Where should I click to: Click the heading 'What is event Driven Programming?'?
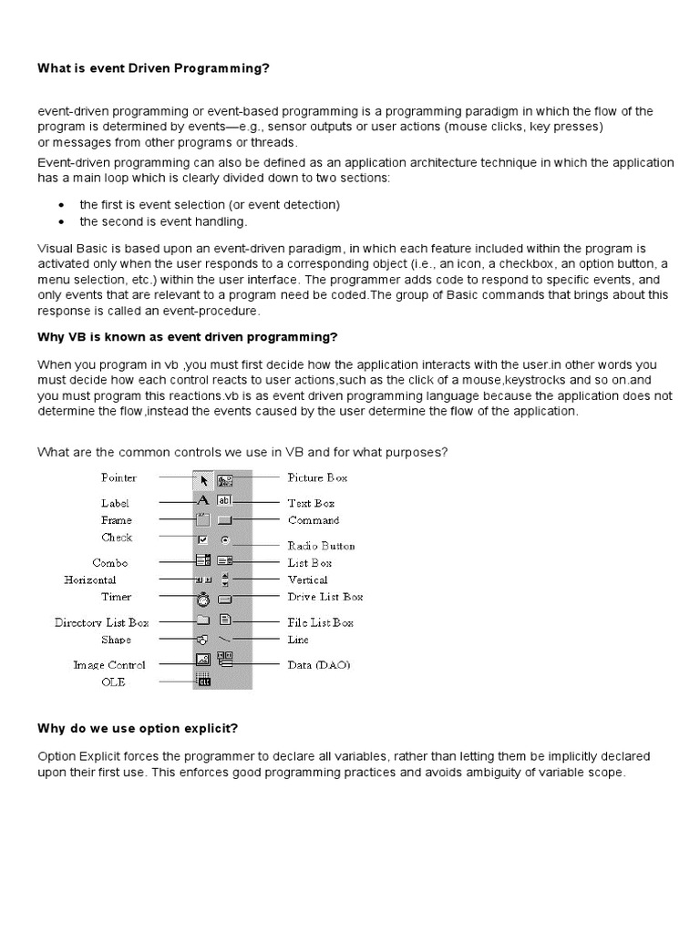pyautogui.click(x=153, y=68)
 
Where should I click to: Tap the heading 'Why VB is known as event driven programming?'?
pyautogui.click(x=187, y=337)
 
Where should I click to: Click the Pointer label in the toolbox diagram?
pyautogui.click(x=118, y=477)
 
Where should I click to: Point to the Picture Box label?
pyautogui.click(x=317, y=477)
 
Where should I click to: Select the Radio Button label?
pyautogui.click(x=321, y=546)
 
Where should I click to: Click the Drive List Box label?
pyautogui.click(x=325, y=597)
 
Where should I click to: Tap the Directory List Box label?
pyautogui.click(x=100, y=622)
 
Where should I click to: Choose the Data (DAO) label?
pyautogui.click(x=318, y=665)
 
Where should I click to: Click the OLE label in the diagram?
pyautogui.click(x=114, y=682)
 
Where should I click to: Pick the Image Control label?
pyautogui.click(x=108, y=665)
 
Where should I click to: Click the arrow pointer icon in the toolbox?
pyautogui.click(x=204, y=478)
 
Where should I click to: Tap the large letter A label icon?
pyautogui.click(x=203, y=500)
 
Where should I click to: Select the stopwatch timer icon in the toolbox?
pyautogui.click(x=203, y=599)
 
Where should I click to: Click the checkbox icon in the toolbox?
pyautogui.click(x=203, y=540)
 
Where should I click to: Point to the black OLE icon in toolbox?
pyautogui.click(x=203, y=680)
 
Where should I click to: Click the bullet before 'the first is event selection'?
pyautogui.click(x=60, y=205)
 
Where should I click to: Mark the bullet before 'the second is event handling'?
pyautogui.click(x=60, y=221)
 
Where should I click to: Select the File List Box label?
pyautogui.click(x=321, y=622)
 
